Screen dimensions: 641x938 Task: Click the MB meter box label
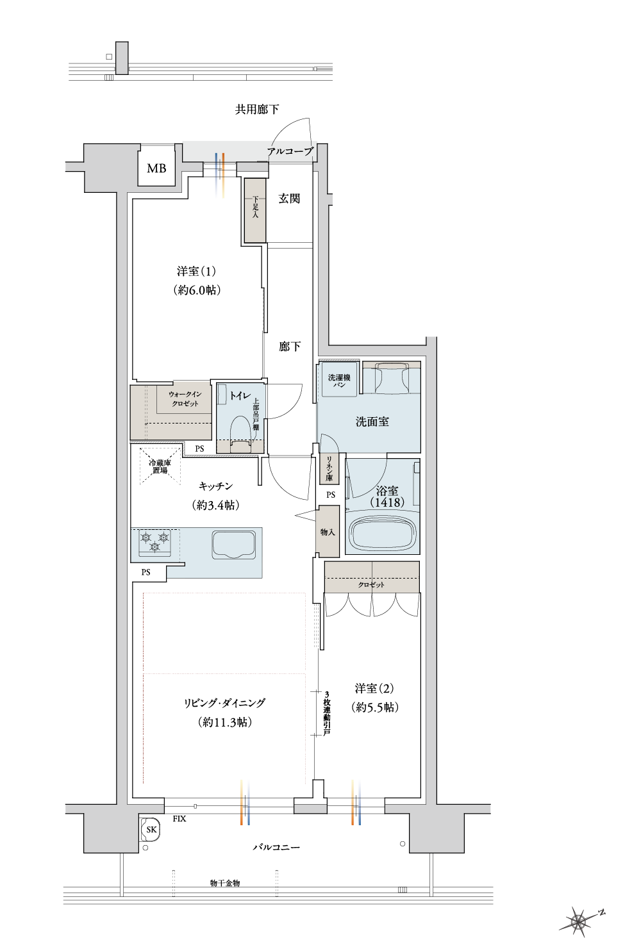coord(156,169)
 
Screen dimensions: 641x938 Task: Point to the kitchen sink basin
coord(234,545)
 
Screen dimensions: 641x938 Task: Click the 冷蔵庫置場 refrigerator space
coord(160,466)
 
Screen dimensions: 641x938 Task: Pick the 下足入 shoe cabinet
coord(255,210)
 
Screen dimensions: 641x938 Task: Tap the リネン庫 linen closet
coord(329,468)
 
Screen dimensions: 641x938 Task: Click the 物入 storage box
coord(328,531)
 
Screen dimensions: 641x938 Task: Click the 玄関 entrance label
coord(289,199)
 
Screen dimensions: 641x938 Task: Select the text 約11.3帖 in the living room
coord(224,722)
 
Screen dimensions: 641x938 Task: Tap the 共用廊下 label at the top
coord(257,110)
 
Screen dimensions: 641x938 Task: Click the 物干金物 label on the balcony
coord(225,883)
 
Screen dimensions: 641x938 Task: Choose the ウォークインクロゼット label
coord(185,399)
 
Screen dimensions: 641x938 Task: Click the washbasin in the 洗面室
coord(392,378)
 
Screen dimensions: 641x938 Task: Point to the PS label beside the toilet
coord(199,448)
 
